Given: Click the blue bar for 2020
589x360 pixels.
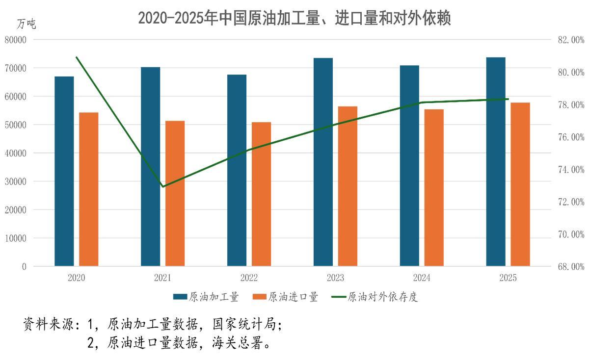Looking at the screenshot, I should click(64, 172).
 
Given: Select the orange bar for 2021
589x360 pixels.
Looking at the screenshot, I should click(175, 194).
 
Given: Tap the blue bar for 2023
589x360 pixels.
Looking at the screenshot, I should click(323, 162).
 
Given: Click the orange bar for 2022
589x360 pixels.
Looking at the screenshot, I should click(261, 194).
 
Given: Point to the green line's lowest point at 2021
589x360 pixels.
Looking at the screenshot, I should click(163, 186).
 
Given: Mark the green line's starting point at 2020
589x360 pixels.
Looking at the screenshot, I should click(77, 57).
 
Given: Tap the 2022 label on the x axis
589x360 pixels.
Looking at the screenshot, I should click(249, 278).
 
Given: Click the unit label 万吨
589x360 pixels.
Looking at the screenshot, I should click(26, 24).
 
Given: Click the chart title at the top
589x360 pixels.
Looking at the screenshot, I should click(294, 18).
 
